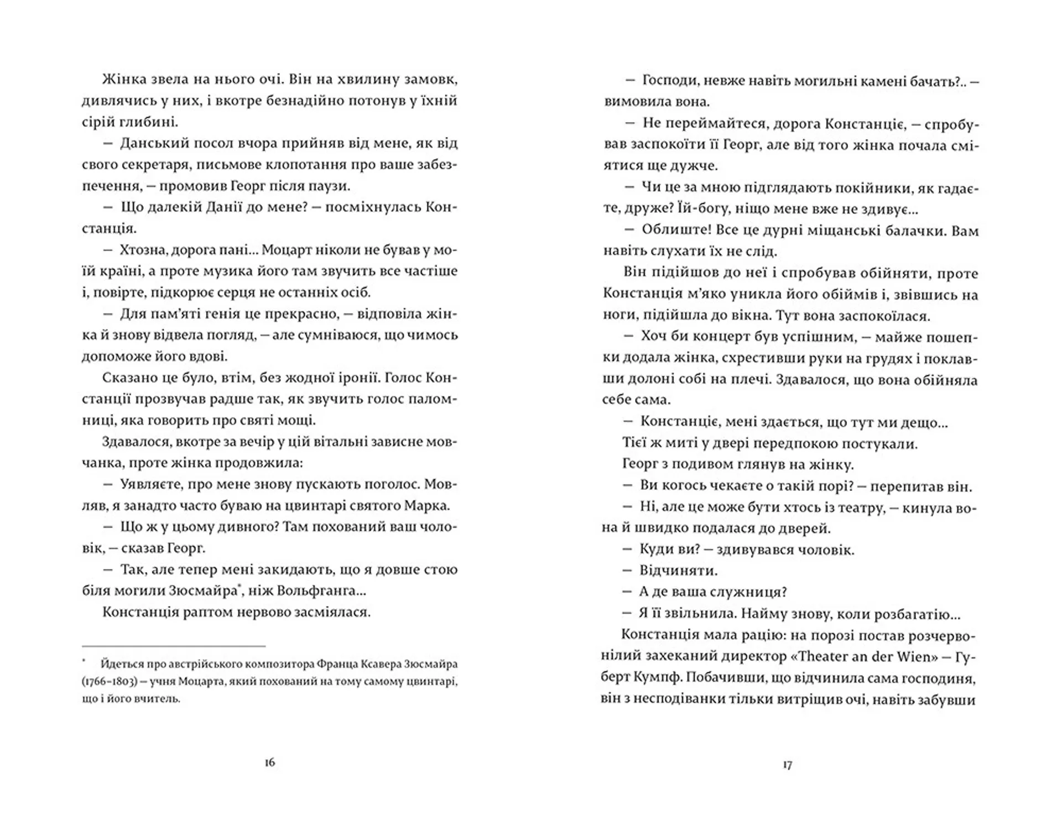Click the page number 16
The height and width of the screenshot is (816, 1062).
(270, 763)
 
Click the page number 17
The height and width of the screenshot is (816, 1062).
(788, 766)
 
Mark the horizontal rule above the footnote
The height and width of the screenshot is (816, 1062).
(174, 646)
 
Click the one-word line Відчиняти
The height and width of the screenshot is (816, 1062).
(678, 571)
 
